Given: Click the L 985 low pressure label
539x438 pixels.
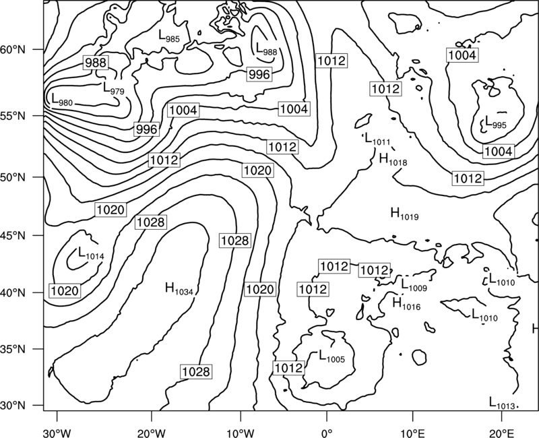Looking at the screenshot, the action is (169, 36).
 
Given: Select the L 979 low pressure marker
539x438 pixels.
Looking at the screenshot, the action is (114, 88).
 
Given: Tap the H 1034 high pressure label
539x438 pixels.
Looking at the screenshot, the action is (179, 289).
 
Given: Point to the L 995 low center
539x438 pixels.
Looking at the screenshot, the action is (495, 122).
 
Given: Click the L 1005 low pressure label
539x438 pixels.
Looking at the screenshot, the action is (331, 356).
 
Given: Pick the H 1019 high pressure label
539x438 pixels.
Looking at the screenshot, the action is (405, 214).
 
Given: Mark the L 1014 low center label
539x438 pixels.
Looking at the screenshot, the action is (91, 253).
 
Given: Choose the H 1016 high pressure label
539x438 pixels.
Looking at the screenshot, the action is (406, 303).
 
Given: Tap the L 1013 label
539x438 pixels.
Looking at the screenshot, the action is (502, 403).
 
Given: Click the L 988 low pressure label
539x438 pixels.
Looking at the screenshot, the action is (266, 49).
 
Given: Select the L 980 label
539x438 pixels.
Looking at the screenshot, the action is (62, 99).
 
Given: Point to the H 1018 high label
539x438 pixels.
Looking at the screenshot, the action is (393, 160).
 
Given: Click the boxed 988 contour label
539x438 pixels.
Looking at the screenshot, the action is (96, 63).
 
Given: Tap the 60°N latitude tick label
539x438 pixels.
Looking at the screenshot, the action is (13, 49).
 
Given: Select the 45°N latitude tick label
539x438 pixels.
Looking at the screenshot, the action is (13, 235).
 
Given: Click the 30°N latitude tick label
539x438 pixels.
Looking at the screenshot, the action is (13, 406).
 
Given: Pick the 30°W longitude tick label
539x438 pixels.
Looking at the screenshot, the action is (57, 433).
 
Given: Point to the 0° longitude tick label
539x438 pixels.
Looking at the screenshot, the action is (326, 433).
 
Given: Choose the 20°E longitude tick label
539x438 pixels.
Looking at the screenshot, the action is (502, 433).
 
